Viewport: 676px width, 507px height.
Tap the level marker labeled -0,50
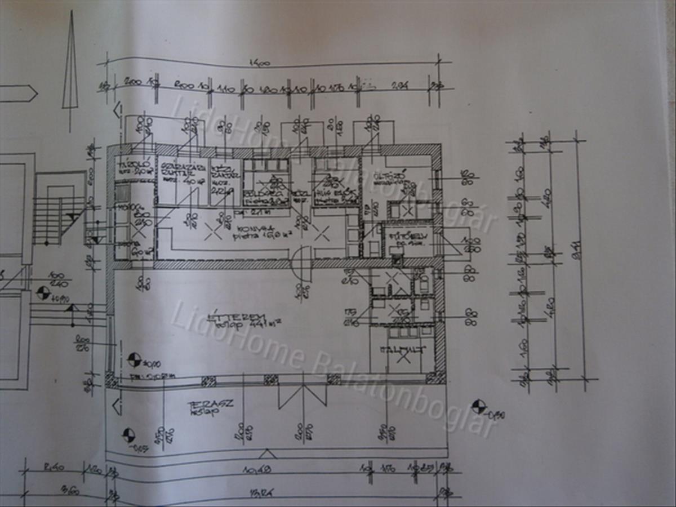click(x=479, y=406)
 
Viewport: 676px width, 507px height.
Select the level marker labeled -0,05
click(x=128, y=435)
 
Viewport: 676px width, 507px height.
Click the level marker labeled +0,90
click(x=43, y=293)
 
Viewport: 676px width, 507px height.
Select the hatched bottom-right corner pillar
click(x=435, y=378)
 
